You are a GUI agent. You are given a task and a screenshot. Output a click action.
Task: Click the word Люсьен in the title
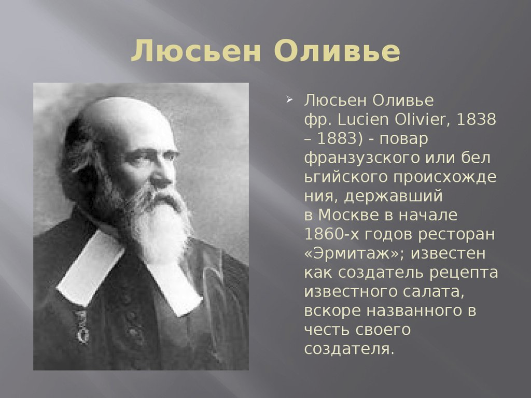[196, 51]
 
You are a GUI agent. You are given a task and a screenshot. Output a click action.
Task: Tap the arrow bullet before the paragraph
[289, 100]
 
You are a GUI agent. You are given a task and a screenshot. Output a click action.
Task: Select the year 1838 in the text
[476, 119]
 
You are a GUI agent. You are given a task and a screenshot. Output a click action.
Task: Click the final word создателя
[349, 349]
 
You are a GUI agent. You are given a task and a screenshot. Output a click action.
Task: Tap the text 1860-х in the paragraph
[331, 234]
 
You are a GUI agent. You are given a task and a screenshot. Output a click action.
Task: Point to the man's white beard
[159, 223]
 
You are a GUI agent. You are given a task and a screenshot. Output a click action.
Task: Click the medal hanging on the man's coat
[81, 328]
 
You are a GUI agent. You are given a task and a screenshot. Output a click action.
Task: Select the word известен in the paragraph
[448, 253]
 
